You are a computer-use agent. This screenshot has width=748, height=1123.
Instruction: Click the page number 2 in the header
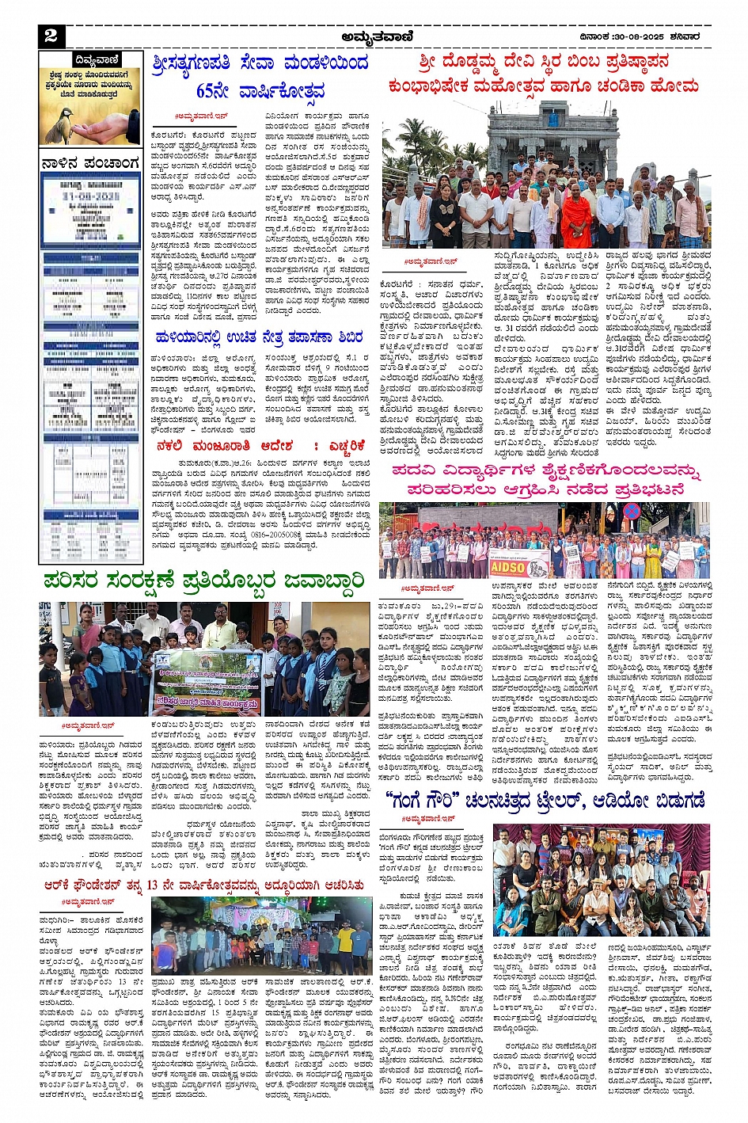51,35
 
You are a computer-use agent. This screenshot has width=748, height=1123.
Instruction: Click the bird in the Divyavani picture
58,125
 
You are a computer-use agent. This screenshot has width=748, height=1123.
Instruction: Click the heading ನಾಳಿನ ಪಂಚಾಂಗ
90,164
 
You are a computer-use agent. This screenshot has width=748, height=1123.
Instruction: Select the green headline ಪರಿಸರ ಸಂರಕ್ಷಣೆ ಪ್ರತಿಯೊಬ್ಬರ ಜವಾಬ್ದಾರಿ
204,581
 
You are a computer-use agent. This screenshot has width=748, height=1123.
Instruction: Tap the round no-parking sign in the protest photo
632,512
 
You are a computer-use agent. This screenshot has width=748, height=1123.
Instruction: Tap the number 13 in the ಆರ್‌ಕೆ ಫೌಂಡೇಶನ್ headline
153,885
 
